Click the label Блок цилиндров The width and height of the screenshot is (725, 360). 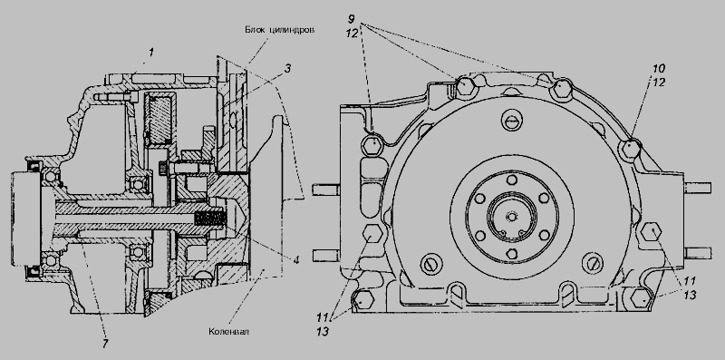pos(280,30)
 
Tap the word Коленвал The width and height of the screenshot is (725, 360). pos(228,332)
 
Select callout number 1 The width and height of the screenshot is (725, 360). pos(150,53)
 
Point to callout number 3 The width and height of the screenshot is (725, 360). pos(287,70)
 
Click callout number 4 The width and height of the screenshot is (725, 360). pos(296,260)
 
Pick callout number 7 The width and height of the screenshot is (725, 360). pos(105,345)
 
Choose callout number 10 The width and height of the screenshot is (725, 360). pos(659,69)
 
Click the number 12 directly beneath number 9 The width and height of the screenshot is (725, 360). pos(351,34)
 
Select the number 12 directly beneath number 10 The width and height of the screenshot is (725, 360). pos(659,83)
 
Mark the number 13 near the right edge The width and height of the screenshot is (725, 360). pos(690,296)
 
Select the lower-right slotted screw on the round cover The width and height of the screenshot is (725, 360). pos(594,263)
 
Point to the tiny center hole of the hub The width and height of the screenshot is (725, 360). pos(512,217)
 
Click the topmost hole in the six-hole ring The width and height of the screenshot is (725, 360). pos(511,180)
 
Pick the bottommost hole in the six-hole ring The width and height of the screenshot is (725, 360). pos(511,254)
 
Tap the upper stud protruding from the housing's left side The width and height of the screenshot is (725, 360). pos(326,190)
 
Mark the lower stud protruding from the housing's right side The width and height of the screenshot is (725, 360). pos(697,253)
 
